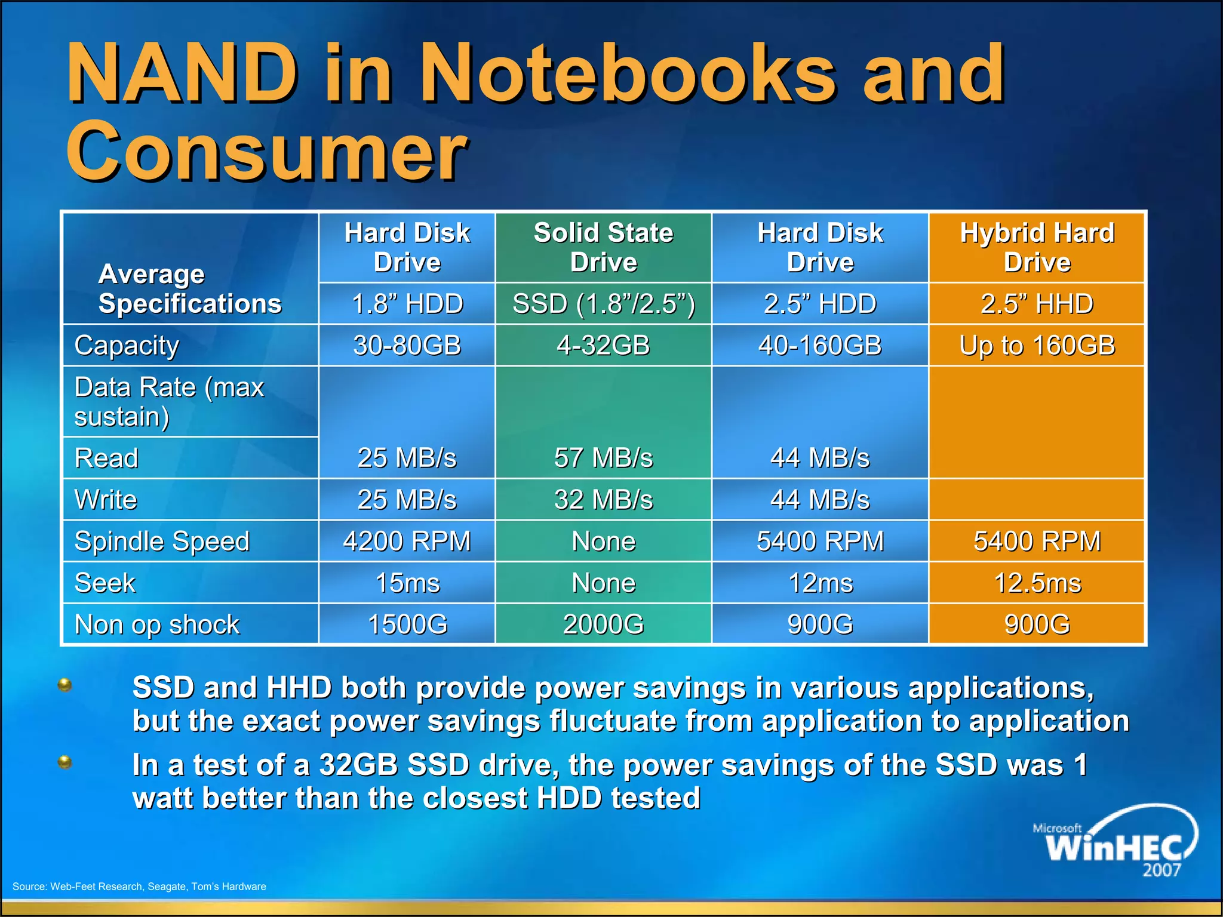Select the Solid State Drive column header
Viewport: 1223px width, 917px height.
603,247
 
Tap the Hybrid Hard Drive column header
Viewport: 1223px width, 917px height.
1037,247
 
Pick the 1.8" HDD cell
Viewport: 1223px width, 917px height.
407,303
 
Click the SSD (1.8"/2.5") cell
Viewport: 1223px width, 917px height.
603,303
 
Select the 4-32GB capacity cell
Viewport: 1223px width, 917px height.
603,345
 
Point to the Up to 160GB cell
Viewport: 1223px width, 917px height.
1037,345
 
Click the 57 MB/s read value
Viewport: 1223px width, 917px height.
603,458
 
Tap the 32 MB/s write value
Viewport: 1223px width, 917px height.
603,500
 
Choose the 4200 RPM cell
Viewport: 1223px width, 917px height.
407,541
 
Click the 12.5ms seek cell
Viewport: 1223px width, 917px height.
1037,583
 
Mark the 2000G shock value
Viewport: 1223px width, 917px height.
603,624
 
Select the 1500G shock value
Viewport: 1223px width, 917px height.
407,624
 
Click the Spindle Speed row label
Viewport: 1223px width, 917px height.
162,541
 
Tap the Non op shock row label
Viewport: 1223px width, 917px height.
157,624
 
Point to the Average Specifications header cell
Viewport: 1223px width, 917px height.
190,289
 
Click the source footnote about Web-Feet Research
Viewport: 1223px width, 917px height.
139,887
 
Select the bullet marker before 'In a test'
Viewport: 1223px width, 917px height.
65,762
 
